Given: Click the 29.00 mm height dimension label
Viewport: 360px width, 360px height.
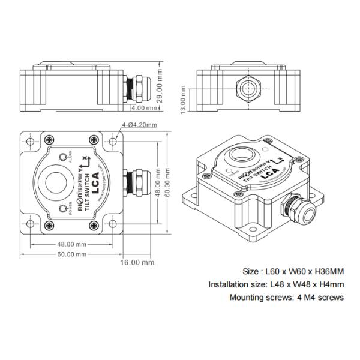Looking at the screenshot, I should (x=160, y=86).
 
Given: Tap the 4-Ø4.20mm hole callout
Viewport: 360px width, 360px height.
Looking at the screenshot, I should (x=139, y=125).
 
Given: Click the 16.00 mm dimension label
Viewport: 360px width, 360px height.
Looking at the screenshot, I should (x=137, y=262).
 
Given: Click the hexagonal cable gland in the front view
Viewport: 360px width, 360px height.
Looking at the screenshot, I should (x=248, y=88).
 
